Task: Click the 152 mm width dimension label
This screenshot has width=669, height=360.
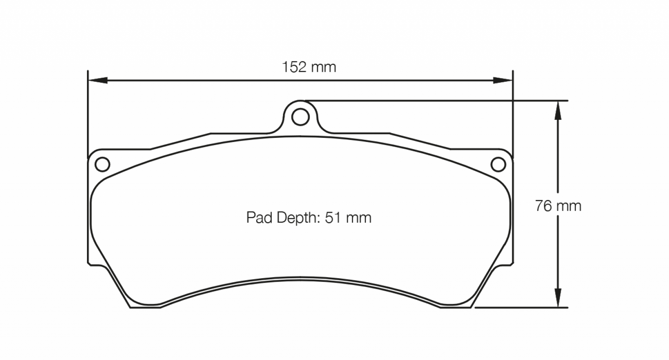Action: [x=309, y=68]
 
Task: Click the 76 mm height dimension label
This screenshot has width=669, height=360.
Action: [x=558, y=205]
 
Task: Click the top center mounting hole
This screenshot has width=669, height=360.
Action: [x=300, y=117]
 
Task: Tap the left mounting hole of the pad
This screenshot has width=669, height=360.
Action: [x=102, y=164]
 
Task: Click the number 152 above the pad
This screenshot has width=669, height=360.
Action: [x=294, y=68]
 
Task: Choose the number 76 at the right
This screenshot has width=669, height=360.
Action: [x=544, y=205]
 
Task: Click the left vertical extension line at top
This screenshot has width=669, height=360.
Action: [x=88, y=111]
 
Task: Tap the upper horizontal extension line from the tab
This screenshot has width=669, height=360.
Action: [x=435, y=100]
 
